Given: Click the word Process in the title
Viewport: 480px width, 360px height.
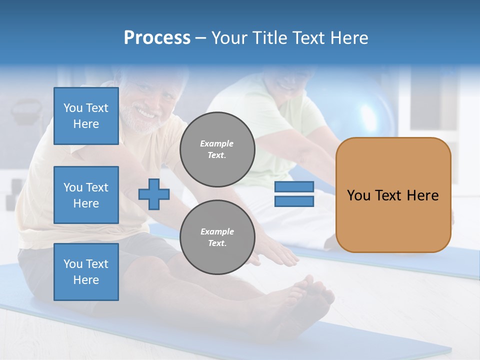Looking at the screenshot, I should click(x=157, y=38).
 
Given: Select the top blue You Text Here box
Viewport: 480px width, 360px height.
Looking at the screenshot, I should click(x=86, y=116).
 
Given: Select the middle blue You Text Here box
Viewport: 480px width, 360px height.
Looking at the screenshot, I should click(x=86, y=195).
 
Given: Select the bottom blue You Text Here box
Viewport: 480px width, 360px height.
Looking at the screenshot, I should click(x=86, y=272).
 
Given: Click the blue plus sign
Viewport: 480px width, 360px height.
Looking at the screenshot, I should click(x=154, y=194).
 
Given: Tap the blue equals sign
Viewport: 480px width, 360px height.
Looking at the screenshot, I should click(x=294, y=194).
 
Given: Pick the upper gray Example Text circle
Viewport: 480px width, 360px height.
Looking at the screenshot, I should click(x=217, y=149).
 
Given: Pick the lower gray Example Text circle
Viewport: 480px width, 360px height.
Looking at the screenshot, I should click(x=217, y=237).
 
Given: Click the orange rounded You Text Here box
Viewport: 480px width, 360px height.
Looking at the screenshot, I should click(x=393, y=195).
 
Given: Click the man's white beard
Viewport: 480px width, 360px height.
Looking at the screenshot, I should click(x=137, y=120).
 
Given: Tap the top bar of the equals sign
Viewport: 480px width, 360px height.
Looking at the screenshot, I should click(x=294, y=187).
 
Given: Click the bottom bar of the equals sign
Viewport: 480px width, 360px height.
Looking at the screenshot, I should click(x=294, y=201).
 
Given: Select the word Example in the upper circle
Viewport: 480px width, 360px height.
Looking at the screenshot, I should click(x=217, y=143).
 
